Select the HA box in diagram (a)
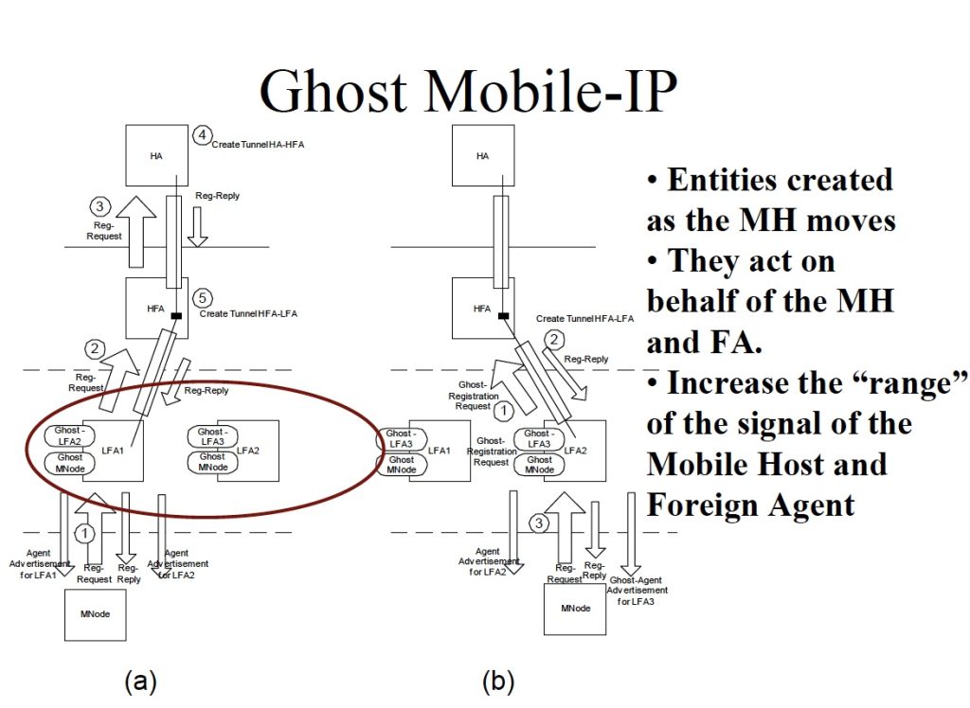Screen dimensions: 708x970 coord(157,155)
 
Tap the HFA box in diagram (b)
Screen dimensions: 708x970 coord(482,308)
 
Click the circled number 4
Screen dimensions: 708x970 coord(201,135)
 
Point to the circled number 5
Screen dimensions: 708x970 coord(201,298)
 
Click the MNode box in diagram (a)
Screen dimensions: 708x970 coord(95,613)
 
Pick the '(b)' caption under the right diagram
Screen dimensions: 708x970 coord(499,681)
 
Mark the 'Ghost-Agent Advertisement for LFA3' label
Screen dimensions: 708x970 coord(638,590)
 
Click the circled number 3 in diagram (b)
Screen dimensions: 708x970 coord(538,522)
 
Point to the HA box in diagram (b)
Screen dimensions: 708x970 coord(482,155)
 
